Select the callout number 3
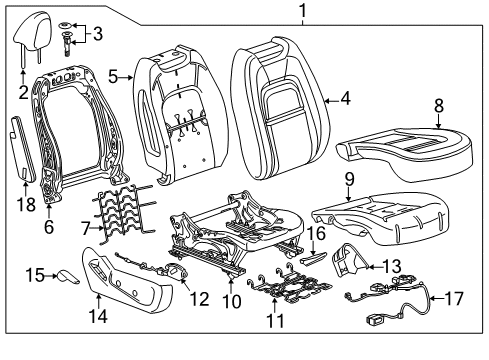pos(96,34)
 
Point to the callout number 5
pos(114,75)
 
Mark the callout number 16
pos(316,234)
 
